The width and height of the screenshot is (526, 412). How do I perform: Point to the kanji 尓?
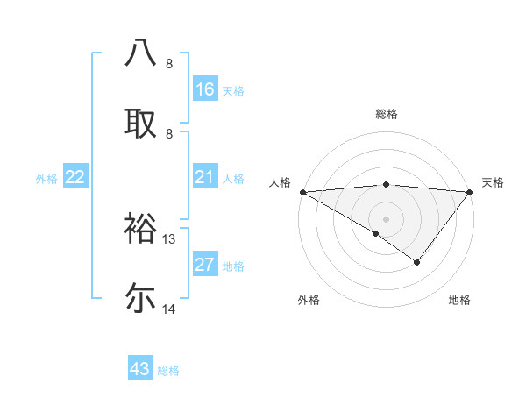coord(141,298)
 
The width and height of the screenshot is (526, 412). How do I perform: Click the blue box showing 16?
coord(205,89)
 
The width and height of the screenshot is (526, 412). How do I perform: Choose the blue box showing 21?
coord(205,178)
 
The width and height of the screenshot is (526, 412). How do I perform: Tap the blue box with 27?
coord(205,266)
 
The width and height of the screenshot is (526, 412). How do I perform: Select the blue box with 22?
coord(75,178)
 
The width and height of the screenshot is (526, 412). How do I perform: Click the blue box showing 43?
coord(140,369)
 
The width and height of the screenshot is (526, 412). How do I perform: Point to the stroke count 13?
coord(170,239)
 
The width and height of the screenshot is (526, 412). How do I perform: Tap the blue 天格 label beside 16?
coord(233,91)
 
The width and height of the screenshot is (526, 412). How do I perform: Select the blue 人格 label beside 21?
coord(233,179)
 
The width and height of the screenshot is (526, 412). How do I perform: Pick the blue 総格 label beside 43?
coord(168,371)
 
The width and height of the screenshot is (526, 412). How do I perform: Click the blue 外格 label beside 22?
coord(46,179)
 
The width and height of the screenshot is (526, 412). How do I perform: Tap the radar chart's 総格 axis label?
coord(387,114)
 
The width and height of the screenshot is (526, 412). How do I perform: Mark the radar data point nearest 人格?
coord(302,191)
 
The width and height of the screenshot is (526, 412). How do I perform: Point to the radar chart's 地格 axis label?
coord(459,300)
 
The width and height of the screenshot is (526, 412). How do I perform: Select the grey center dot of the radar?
coord(386,217)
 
